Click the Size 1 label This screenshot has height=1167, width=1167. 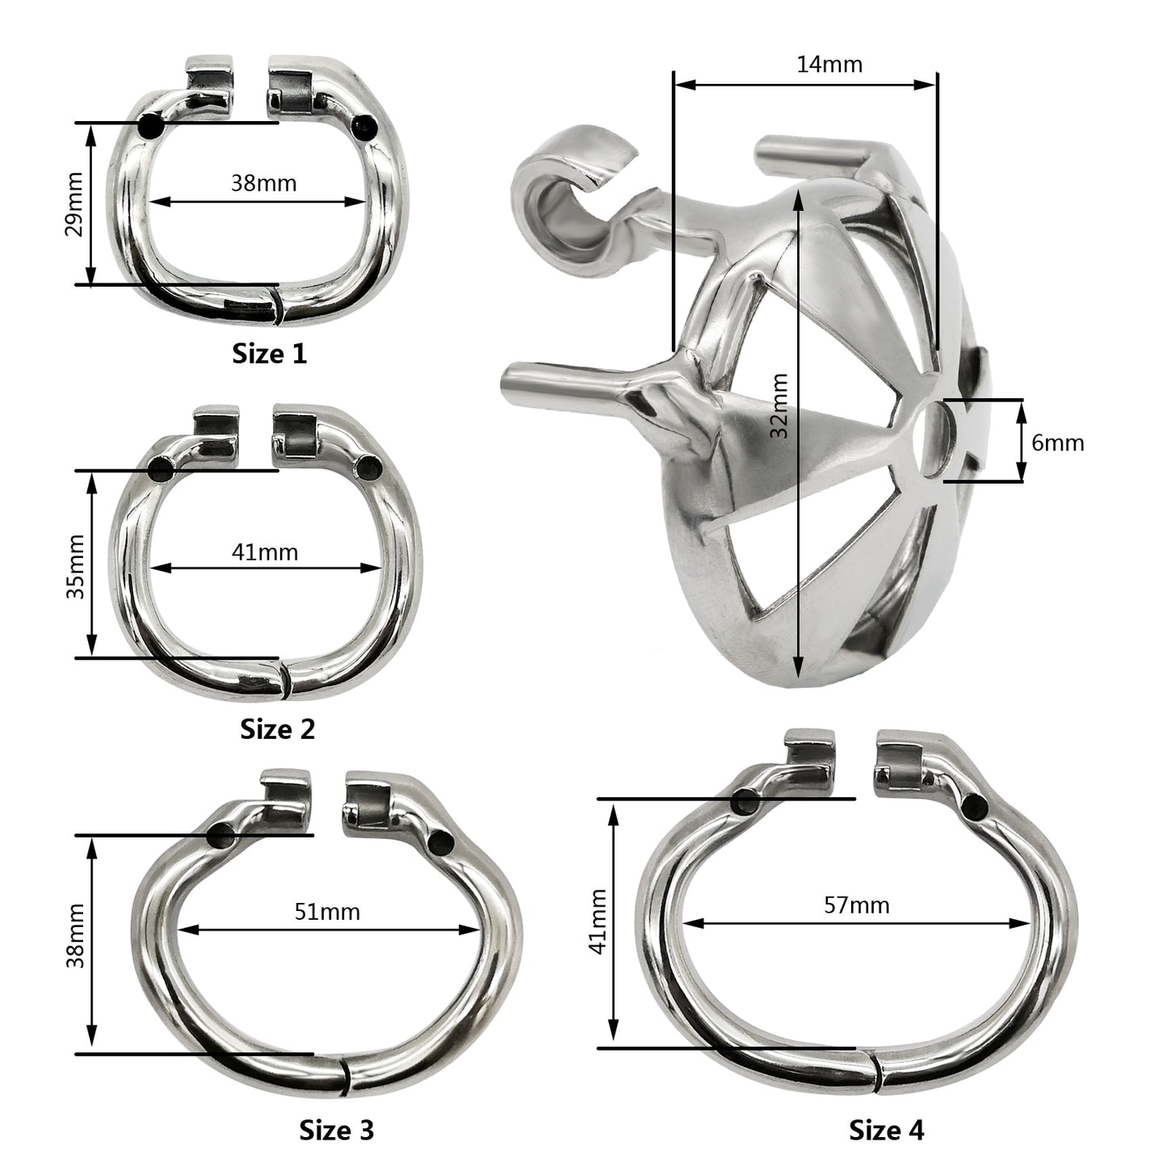click(x=270, y=354)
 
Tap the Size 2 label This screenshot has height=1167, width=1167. click(x=277, y=729)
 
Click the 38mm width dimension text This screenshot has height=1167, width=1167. click(x=264, y=183)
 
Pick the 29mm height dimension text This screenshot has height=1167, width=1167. click(x=75, y=204)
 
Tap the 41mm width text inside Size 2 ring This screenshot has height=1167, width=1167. click(x=265, y=552)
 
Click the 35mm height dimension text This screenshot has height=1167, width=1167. click(x=75, y=567)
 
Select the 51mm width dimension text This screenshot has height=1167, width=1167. click(x=327, y=912)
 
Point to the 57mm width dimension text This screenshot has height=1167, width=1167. click(x=857, y=905)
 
